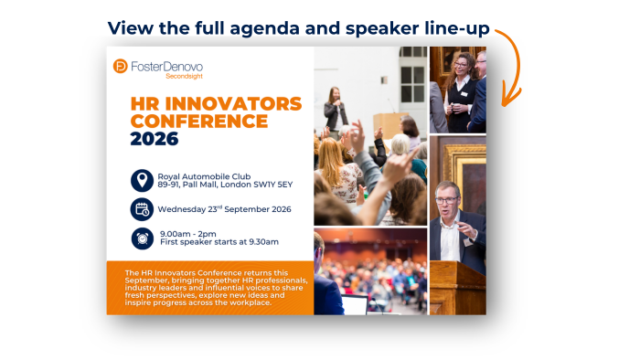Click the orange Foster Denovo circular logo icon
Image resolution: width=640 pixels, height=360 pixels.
tap(121, 66)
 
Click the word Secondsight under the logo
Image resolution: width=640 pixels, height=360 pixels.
tap(184, 76)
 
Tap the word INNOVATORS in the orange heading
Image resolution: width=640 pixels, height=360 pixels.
tap(233, 104)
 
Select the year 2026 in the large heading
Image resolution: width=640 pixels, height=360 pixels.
tap(155, 139)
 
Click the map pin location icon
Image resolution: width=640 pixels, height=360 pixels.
tap(142, 180)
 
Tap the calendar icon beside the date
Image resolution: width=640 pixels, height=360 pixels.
tap(142, 209)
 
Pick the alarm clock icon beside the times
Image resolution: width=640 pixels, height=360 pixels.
tap(143, 238)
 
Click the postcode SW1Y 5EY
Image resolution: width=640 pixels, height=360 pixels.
tap(273, 185)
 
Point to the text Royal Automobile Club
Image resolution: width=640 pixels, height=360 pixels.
tap(204, 176)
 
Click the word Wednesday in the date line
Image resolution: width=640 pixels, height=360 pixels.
tap(182, 209)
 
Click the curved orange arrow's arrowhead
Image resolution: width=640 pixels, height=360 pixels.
tap(508, 96)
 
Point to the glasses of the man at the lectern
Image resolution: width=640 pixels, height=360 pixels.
tap(446, 200)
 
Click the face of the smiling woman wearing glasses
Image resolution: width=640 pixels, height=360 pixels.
tap(461, 66)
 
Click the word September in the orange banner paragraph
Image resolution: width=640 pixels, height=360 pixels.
tap(144, 281)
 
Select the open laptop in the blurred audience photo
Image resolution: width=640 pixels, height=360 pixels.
tap(355, 304)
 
